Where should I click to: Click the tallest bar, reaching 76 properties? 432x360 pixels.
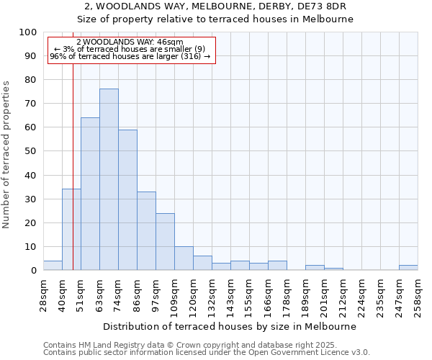[x=109, y=180]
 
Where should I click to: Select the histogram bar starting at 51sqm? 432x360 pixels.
[x=90, y=194]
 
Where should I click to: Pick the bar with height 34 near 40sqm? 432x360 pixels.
[x=71, y=230]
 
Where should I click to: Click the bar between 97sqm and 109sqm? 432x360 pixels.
[x=165, y=242]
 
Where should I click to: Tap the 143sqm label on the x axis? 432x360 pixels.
[x=231, y=295]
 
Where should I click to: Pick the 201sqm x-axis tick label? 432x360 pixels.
[x=325, y=295]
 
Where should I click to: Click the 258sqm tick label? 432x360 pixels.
[x=418, y=295]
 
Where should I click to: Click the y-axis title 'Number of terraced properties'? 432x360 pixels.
[x=6, y=155]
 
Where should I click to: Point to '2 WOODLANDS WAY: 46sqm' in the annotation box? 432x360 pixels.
[x=130, y=42]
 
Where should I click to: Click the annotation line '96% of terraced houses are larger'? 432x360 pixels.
[x=130, y=56]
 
